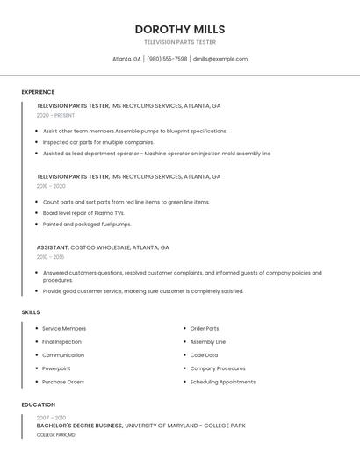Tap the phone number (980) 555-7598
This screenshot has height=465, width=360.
coord(167,59)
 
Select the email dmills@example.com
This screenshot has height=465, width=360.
coord(220,59)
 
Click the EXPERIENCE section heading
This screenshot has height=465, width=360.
coord(38,92)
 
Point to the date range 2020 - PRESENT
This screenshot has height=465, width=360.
coord(55,115)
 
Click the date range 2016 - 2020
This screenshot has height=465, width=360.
coord(51,186)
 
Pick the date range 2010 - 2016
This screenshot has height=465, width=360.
coord(50,257)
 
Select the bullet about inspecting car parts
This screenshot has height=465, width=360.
coord(97,142)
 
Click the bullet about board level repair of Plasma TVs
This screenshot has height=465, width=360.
coord(83,213)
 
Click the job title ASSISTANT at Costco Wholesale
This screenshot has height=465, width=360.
coord(52,247)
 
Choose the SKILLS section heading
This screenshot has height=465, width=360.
coord(31,312)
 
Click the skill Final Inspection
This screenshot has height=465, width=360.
coord(61,342)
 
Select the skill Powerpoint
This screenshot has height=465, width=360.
coord(56,368)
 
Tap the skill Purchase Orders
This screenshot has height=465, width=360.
coord(63,382)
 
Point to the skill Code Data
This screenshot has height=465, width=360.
coord(204,355)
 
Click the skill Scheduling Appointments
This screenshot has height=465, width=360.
coord(222,382)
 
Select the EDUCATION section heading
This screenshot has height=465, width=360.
coord(38,404)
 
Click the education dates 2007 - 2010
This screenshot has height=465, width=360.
coord(51,418)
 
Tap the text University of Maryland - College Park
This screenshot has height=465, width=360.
coord(184,426)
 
